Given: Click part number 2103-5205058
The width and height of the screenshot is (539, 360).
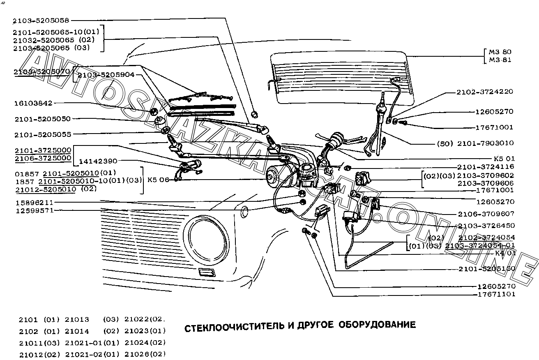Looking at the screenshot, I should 41,20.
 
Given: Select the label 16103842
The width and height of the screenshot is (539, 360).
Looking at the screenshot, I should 33,104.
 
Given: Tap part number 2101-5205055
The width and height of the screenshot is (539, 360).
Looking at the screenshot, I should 42,134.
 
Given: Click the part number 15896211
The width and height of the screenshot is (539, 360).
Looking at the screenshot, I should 35,203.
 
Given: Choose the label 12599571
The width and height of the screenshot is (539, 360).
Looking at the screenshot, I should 35,210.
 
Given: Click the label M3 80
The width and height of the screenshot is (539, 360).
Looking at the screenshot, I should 500,52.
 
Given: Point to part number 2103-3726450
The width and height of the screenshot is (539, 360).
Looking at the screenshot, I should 486,226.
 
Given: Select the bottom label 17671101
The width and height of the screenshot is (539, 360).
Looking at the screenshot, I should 496,294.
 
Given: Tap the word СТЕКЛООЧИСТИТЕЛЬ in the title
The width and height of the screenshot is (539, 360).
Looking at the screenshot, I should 234,325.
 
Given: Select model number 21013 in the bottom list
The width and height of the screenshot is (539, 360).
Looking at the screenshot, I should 77,320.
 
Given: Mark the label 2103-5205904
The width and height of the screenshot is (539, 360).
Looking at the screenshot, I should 106,75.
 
